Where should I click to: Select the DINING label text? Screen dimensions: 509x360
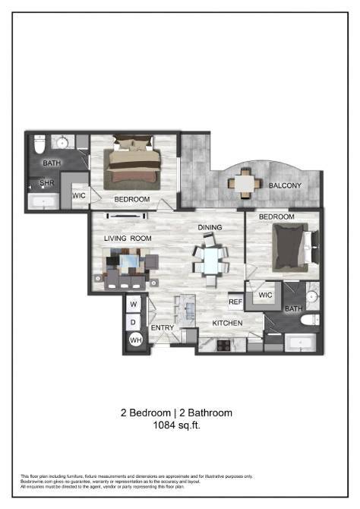pos(210,228)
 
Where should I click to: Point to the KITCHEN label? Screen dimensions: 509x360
pos(227,323)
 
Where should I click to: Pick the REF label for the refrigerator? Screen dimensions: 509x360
pos(235,302)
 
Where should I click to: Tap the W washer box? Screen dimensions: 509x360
pos(134,305)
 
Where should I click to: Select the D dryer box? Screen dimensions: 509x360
pos(134,322)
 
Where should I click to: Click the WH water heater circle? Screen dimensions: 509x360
pos(134,340)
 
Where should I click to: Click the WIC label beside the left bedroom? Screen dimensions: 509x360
pos(79,195)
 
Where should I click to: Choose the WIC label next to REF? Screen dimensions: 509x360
pos(265,295)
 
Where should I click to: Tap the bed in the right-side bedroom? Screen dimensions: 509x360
pos(292,249)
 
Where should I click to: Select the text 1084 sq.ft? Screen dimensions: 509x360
pos(176,426)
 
